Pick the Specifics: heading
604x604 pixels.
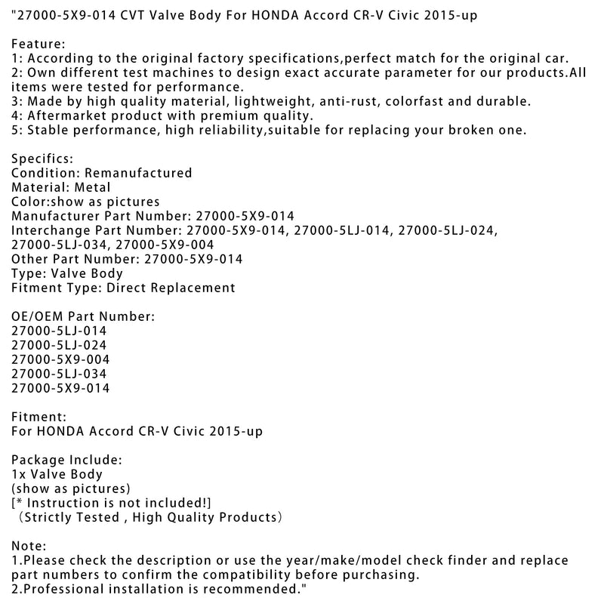tap(42, 159)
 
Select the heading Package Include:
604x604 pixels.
tap(66, 460)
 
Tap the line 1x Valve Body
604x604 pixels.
tap(57, 474)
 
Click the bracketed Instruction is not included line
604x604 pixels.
tap(112, 503)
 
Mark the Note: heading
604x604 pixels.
tap(29, 546)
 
